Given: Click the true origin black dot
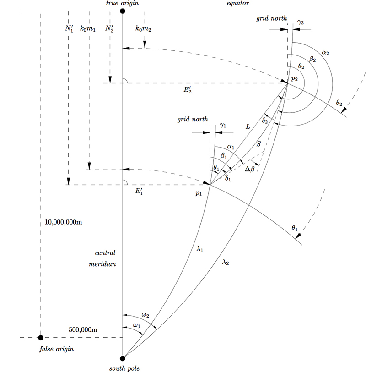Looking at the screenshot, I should pyautogui.click(x=122, y=11).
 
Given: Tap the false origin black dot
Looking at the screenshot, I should pyautogui.click(x=41, y=338).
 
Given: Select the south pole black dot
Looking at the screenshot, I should pyautogui.click(x=122, y=358).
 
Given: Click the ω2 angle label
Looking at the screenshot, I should pyautogui.click(x=145, y=315).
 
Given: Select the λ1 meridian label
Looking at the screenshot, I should pyautogui.click(x=200, y=249).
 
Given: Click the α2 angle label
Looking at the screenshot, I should pyautogui.click(x=325, y=53).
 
